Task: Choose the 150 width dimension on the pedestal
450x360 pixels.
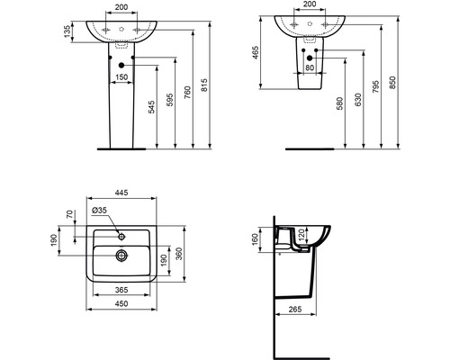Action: (121, 78)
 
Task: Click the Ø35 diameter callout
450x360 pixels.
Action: (100, 211)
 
